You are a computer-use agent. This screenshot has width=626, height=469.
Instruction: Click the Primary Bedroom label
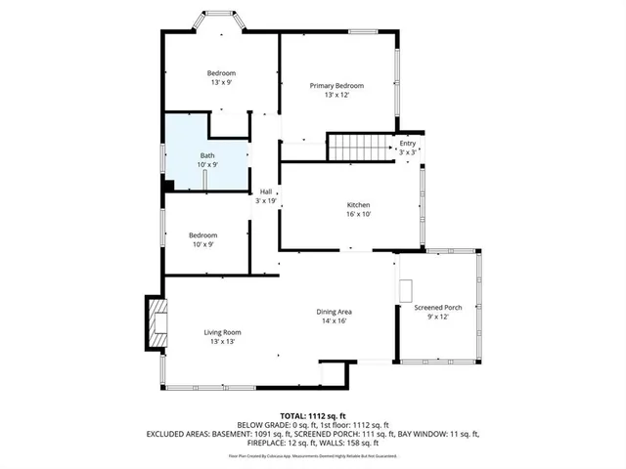coord(330,86)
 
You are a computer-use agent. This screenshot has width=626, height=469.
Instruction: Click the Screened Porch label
coord(437,308)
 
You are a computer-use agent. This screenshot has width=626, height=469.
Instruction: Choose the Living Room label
coord(222,332)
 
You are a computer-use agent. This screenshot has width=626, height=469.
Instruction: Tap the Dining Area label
coord(334,312)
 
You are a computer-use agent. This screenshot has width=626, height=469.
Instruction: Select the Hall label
coord(266,192)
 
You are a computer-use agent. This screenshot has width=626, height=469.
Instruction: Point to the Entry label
coord(407,144)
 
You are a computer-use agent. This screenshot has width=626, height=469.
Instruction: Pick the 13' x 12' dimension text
coord(330,96)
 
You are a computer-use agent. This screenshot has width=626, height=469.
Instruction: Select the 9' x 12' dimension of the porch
coord(437,318)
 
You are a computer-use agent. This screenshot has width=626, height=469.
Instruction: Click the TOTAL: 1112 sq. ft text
coord(312,414)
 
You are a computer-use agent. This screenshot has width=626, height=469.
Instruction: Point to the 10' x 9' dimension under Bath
coord(207,165)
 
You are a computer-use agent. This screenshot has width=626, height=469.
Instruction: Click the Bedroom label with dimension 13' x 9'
coord(220,73)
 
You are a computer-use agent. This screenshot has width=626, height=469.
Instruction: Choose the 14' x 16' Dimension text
coord(334,321)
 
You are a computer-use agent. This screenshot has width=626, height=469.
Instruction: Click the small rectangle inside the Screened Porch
coord(406,290)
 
